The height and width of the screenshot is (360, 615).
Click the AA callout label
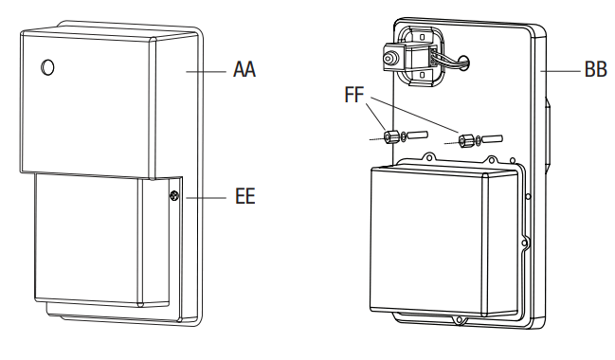click(x=244, y=69)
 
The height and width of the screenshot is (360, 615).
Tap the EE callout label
click(x=245, y=196)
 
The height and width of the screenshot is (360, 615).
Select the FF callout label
click(x=354, y=95)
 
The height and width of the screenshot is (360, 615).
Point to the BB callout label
click(x=595, y=69)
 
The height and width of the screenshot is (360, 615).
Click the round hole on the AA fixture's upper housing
click(x=47, y=67)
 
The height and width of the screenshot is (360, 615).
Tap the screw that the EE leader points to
click(x=174, y=195)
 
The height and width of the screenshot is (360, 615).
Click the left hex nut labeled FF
click(x=390, y=136)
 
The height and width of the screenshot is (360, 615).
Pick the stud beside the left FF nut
click(x=417, y=135)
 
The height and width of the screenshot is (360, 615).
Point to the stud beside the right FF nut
click(x=492, y=139)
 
